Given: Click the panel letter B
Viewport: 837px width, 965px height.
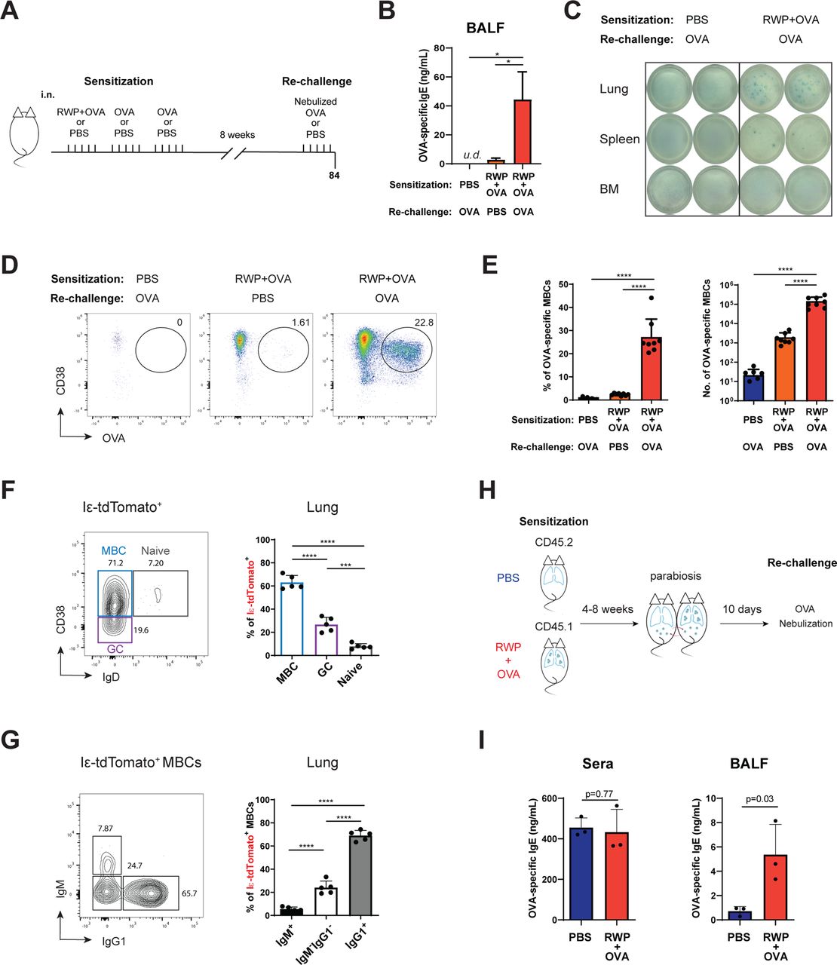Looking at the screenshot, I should pyautogui.click(x=386, y=13).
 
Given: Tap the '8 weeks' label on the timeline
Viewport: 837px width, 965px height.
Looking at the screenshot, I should pyautogui.click(x=237, y=135).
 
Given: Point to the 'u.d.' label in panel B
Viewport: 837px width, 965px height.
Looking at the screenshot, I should pyautogui.click(x=472, y=155).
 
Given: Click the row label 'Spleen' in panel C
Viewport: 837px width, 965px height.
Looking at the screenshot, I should pyautogui.click(x=619, y=139).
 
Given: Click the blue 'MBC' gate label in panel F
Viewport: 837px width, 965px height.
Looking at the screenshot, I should pyautogui.click(x=114, y=550).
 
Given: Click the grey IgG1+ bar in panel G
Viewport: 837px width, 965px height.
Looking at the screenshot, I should pyautogui.click(x=364, y=874).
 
